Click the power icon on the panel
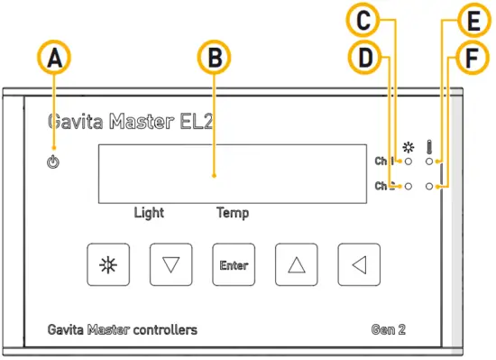(54, 163)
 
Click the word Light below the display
(149, 214)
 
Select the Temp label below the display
(232, 214)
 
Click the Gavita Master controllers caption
(122, 329)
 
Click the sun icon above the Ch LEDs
(409, 146)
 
